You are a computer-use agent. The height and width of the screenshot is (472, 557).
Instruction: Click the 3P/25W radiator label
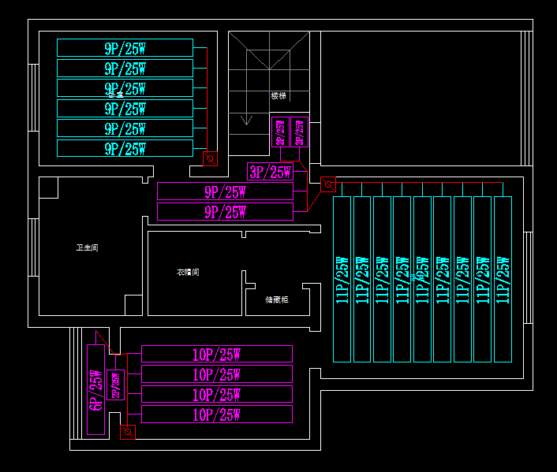tap(270, 172)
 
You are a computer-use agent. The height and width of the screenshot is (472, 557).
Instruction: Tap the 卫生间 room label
tap(87, 248)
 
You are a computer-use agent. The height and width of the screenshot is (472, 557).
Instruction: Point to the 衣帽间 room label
tap(188, 273)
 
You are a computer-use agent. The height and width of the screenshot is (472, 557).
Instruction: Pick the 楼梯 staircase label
tap(278, 96)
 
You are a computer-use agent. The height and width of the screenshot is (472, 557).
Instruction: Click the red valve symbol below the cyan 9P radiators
tap(210, 159)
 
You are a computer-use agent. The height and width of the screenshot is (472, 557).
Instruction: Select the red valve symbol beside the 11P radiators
tap(327, 184)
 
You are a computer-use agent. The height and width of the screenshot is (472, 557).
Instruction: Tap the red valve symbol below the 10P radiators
tap(127, 432)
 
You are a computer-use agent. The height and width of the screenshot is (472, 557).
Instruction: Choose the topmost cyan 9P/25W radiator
tap(125, 47)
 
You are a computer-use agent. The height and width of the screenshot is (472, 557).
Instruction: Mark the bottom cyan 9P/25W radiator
tap(125, 148)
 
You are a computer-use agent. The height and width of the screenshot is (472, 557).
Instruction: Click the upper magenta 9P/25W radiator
tap(225, 191)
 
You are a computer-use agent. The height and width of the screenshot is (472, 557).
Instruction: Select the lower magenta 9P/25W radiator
tap(225, 211)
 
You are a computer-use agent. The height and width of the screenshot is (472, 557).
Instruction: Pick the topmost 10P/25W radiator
tap(216, 354)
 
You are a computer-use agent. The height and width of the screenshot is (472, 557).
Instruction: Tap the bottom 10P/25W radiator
tap(216, 414)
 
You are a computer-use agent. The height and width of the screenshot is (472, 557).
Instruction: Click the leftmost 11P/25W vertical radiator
tap(342, 279)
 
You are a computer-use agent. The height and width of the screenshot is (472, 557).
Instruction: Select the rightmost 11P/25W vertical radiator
tap(503, 279)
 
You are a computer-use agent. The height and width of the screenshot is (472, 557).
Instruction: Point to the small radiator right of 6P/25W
tap(116, 384)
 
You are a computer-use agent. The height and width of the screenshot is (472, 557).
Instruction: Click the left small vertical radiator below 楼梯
tap(279, 132)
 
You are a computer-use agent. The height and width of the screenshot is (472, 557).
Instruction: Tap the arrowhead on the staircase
tap(246, 121)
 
